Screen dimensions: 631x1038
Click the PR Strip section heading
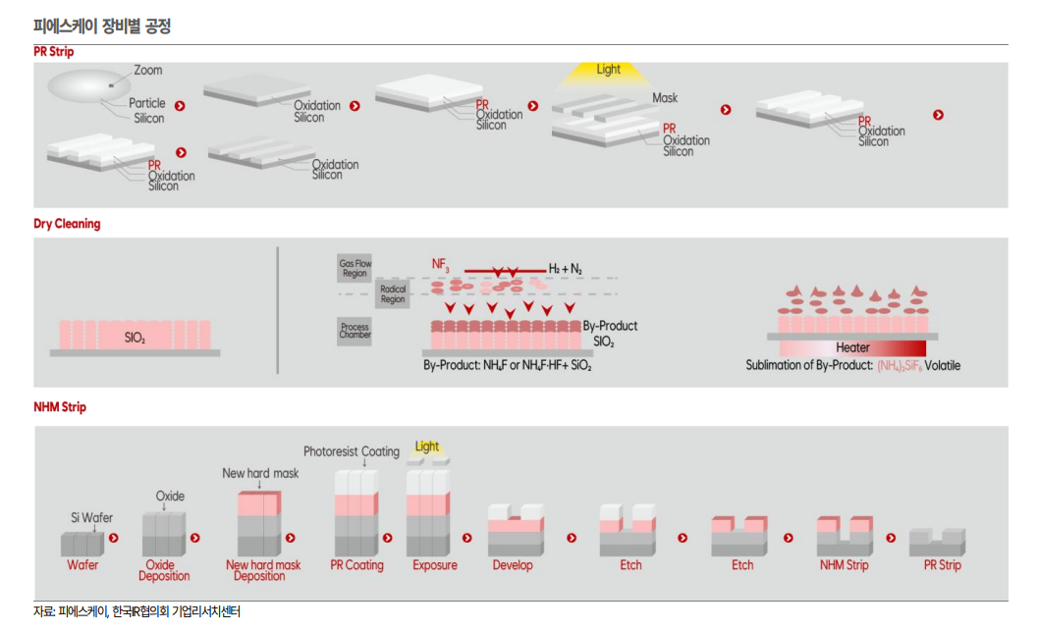click(53, 51)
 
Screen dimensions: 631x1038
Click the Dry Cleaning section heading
click(67, 224)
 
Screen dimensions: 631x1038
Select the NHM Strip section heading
click(59, 406)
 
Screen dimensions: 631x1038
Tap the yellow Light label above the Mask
click(609, 70)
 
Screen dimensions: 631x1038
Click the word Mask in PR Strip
click(665, 98)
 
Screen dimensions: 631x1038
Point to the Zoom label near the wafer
click(148, 71)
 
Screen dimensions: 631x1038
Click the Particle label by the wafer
click(147, 103)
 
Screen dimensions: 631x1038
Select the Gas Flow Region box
click(355, 268)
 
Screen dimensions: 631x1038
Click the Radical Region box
click(393, 293)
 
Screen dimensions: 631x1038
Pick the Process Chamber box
click(355, 330)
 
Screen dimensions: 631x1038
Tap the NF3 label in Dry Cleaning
click(440, 264)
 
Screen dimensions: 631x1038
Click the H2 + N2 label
click(567, 268)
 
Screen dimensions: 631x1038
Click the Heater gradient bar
click(851, 347)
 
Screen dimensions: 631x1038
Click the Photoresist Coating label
click(352, 452)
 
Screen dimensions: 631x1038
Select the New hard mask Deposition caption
click(263, 570)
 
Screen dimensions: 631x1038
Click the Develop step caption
click(513, 565)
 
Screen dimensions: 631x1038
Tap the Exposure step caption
click(435, 565)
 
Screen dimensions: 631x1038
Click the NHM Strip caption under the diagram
click(844, 565)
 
